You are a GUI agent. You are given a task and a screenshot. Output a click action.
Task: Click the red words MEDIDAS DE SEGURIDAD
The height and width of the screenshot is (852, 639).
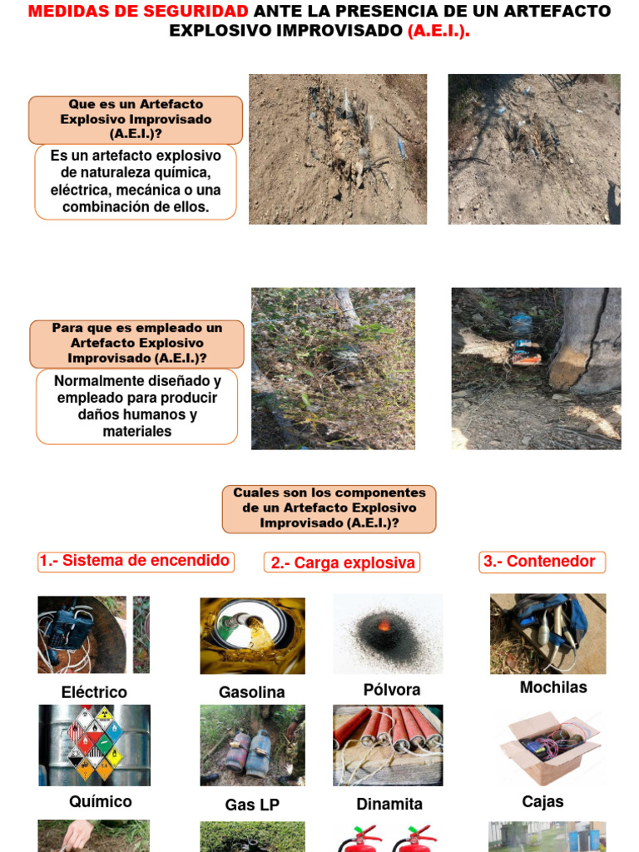(138, 12)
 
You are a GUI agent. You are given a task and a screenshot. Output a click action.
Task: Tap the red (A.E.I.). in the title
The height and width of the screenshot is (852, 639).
(438, 31)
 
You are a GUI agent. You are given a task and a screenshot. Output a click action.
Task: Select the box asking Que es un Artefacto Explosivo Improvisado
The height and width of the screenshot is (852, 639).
(136, 120)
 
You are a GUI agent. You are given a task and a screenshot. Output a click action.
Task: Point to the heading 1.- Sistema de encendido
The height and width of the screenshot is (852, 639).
(136, 561)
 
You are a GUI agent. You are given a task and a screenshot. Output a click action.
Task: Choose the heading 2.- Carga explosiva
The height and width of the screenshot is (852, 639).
(342, 563)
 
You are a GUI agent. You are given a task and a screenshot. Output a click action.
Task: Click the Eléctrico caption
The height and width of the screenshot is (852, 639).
(94, 692)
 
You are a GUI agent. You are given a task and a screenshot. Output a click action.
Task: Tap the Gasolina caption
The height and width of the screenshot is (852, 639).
(251, 692)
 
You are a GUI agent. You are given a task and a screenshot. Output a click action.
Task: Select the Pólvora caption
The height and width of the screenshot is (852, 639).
(392, 690)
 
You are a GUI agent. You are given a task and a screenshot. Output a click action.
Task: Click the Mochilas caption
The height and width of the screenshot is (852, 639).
(553, 687)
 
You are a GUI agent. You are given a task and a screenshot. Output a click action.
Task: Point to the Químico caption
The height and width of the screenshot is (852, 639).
(100, 801)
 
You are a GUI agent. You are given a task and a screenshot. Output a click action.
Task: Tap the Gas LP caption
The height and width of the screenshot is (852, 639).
(252, 805)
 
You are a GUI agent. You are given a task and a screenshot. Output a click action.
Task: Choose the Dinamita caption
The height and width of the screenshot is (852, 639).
(389, 804)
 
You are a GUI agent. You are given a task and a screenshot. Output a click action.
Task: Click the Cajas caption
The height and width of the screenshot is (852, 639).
(542, 801)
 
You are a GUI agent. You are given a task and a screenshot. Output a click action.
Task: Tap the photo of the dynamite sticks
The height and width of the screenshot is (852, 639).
(388, 745)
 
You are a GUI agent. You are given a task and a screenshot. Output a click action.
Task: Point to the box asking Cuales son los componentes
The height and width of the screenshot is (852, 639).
(329, 508)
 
